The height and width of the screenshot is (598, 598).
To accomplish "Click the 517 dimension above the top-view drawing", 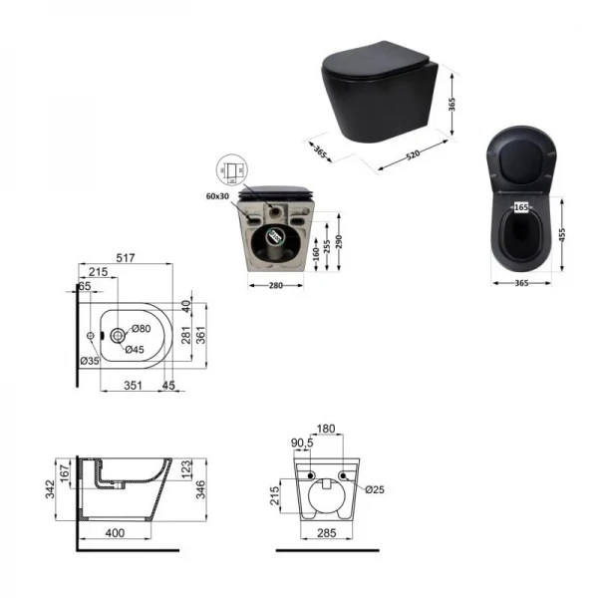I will coord(125,258).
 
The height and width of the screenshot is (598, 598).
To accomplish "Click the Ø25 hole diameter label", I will coord(375,490).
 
